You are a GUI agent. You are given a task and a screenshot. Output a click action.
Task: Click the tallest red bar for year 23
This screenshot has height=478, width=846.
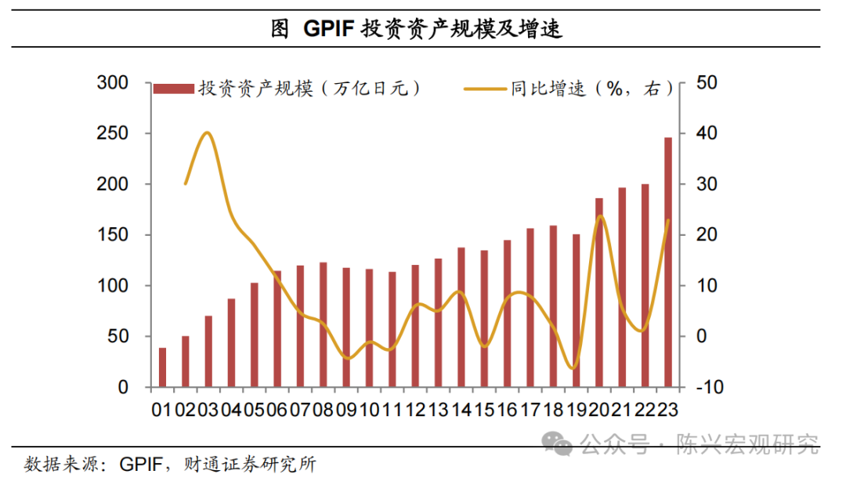[668, 263]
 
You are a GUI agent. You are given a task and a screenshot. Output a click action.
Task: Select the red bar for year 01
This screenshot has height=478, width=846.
[163, 368]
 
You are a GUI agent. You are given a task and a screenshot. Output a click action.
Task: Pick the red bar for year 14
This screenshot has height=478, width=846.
[461, 317]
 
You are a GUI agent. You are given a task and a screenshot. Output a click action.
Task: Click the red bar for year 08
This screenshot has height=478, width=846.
[324, 324]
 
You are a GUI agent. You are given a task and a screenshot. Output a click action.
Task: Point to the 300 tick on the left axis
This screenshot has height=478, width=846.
[112, 83]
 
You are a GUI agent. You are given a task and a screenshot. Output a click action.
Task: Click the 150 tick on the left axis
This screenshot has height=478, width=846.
[112, 235]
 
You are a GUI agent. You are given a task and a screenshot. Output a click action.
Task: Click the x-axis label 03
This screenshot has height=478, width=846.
[208, 409]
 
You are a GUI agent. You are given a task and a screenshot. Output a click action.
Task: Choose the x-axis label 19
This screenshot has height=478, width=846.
[577, 409]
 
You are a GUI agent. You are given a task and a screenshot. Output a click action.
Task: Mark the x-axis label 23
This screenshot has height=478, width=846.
[668, 409]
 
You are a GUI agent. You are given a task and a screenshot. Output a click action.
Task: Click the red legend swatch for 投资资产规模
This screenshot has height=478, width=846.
[173, 89]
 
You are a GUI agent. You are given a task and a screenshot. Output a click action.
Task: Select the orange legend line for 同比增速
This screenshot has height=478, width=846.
[485, 89]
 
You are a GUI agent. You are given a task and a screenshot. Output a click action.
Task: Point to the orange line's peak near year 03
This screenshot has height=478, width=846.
[207, 132]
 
